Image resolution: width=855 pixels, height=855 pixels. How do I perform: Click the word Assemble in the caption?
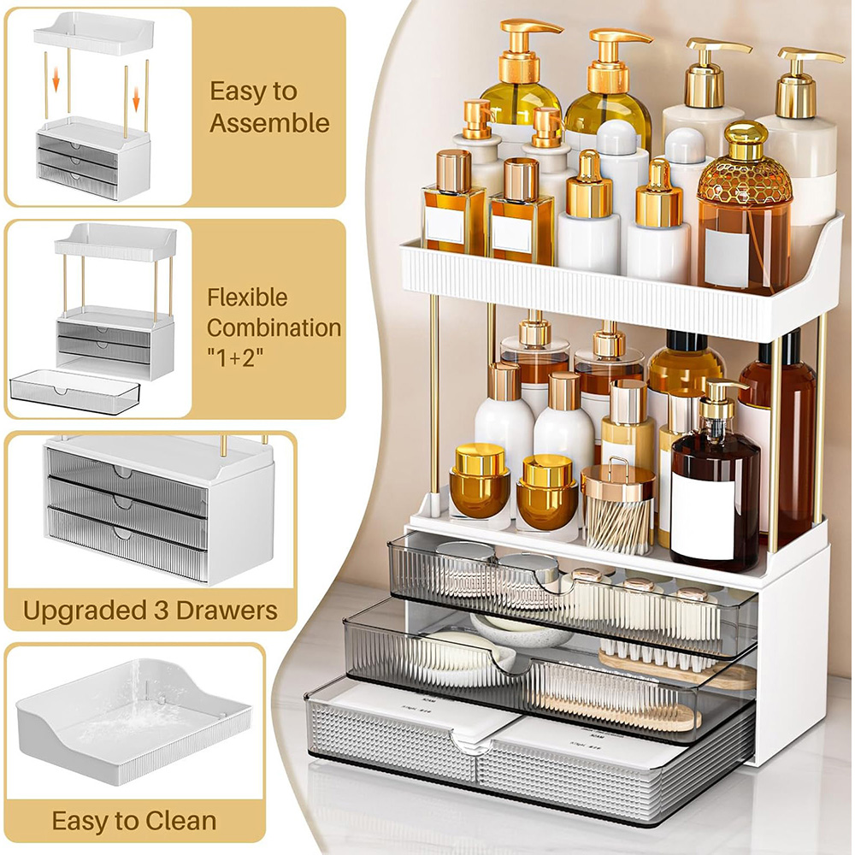click(x=269, y=122)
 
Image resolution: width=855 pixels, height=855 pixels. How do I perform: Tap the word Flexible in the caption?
click(x=247, y=298)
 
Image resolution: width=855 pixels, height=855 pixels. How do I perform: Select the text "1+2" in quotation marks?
click(x=235, y=358)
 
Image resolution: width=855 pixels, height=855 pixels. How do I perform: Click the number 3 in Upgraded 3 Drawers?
click(x=161, y=610)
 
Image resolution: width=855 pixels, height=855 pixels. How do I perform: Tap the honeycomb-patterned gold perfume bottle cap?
click(x=745, y=163)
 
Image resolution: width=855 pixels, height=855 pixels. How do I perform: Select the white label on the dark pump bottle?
click(x=703, y=516)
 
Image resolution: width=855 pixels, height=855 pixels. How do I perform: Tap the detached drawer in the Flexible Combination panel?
click(x=74, y=391)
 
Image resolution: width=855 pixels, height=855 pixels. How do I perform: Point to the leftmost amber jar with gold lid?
click(x=480, y=481)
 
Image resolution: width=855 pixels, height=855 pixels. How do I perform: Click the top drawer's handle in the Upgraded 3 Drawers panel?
click(x=124, y=472)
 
